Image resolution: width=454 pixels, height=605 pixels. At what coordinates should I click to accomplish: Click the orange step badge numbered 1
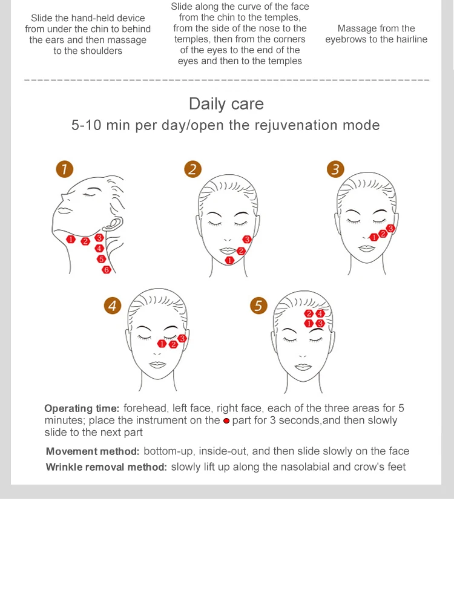pyautogui.click(x=65, y=169)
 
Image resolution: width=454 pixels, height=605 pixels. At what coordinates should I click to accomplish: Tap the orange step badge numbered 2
pyautogui.click(x=192, y=169)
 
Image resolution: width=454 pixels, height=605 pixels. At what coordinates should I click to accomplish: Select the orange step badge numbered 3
pyautogui.click(x=335, y=169)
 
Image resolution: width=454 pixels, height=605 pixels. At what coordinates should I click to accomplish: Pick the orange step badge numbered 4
pyautogui.click(x=112, y=306)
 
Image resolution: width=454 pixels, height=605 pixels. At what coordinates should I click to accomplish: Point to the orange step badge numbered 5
pyautogui.click(x=258, y=306)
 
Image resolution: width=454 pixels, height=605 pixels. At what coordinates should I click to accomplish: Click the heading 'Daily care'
pyautogui.click(x=226, y=103)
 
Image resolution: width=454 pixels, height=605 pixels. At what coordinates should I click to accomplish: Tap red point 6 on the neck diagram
pyautogui.click(x=107, y=270)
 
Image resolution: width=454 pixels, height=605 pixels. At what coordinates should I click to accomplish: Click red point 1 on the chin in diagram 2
pyautogui.click(x=229, y=260)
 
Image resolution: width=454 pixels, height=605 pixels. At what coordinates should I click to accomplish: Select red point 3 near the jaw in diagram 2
pyautogui.click(x=246, y=240)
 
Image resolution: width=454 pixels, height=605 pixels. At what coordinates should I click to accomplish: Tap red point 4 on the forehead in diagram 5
pyautogui.click(x=320, y=313)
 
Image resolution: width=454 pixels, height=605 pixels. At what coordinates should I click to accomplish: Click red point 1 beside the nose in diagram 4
pyautogui.click(x=162, y=344)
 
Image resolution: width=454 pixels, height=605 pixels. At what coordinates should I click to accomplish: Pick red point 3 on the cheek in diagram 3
pyautogui.click(x=390, y=229)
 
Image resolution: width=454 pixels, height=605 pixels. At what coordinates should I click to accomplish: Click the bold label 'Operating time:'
pyautogui.click(x=82, y=408)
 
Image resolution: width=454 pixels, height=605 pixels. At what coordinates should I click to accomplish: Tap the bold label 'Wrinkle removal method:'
pyautogui.click(x=106, y=467)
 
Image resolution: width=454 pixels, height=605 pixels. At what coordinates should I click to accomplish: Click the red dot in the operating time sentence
pyautogui.click(x=226, y=420)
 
